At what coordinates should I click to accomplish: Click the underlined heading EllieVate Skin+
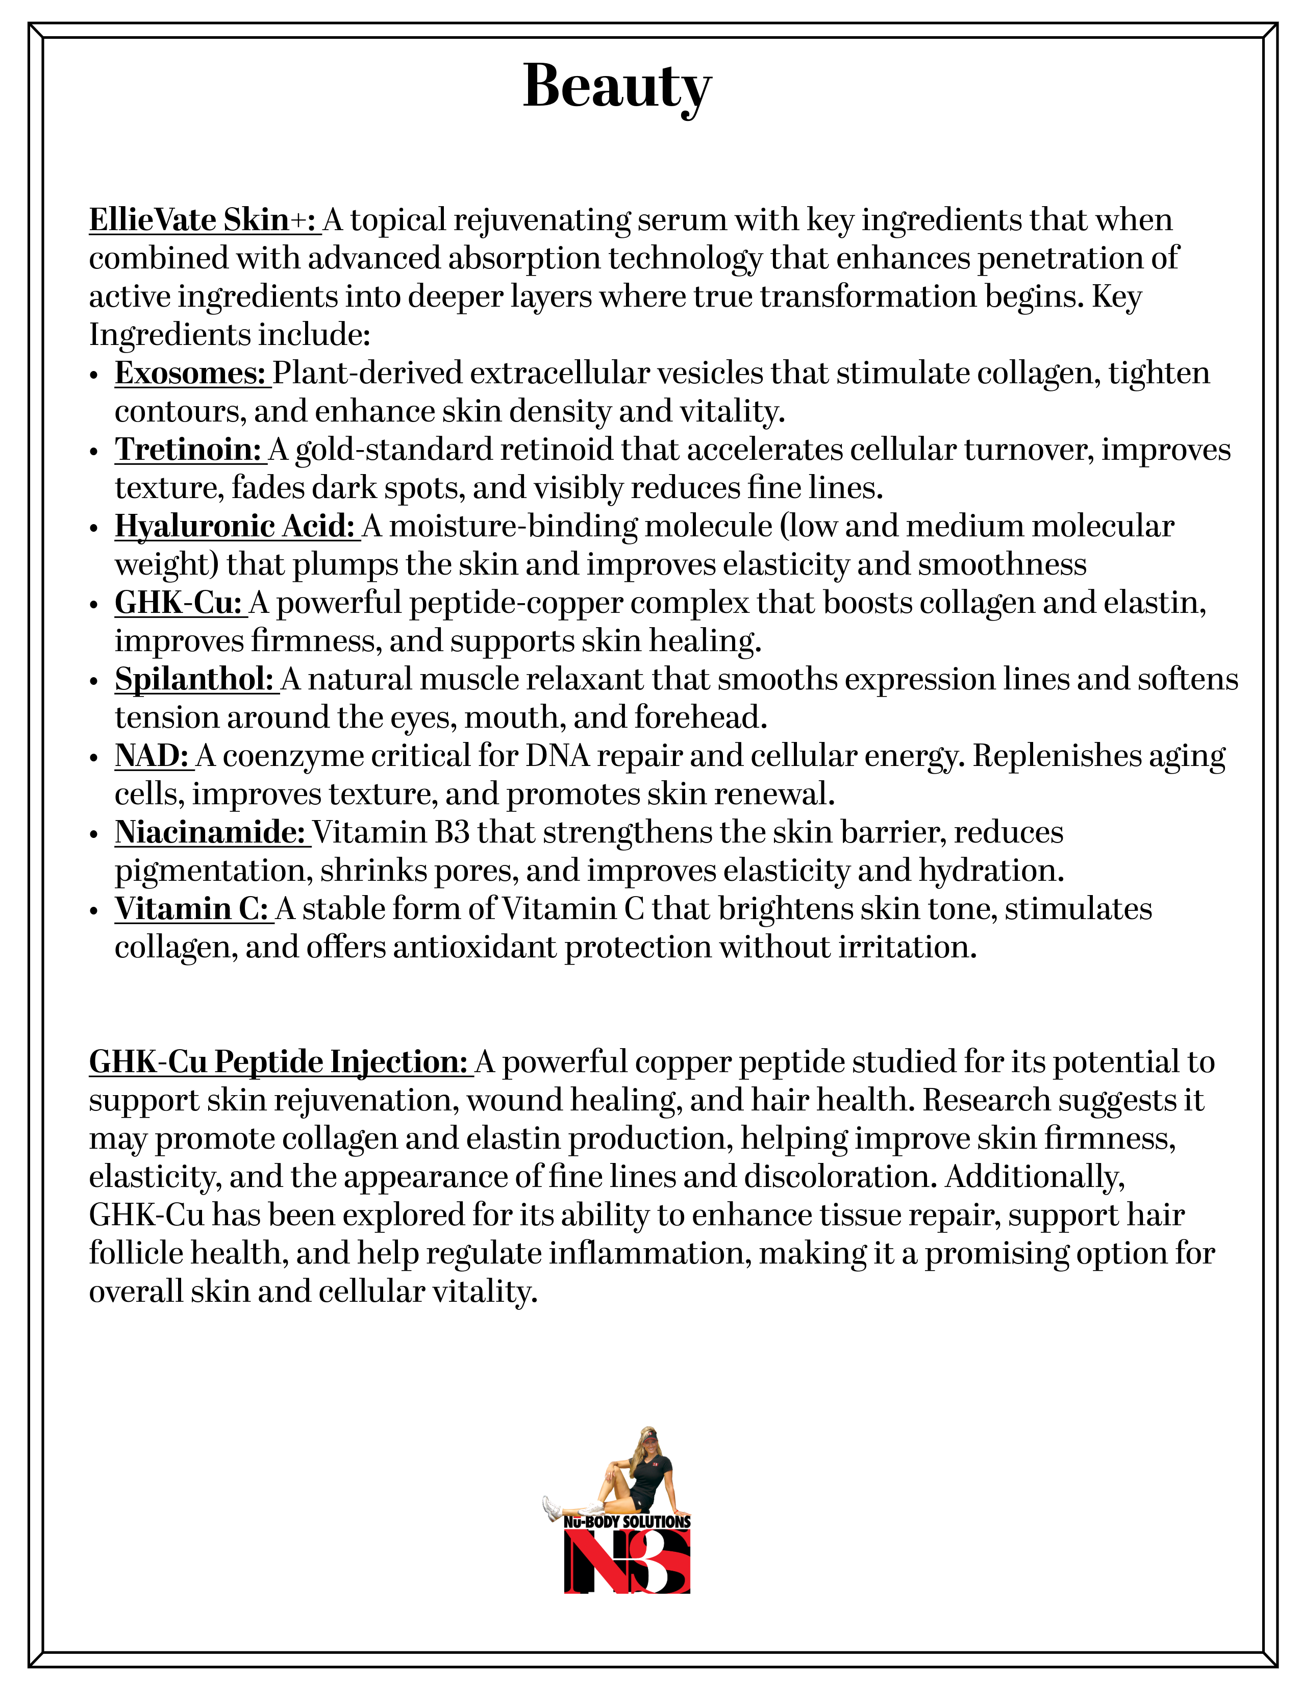[204, 220]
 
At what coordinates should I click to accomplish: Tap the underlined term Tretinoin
[189, 450]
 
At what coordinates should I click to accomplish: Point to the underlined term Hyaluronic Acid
[235, 527]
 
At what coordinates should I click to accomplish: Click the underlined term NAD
[153, 756]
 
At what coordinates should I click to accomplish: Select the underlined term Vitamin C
[193, 909]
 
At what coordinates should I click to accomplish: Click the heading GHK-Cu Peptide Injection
[279, 1062]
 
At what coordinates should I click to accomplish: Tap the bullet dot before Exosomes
[94, 376]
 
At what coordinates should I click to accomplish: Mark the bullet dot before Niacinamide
[94, 835]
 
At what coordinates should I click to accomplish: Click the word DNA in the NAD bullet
[557, 756]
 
